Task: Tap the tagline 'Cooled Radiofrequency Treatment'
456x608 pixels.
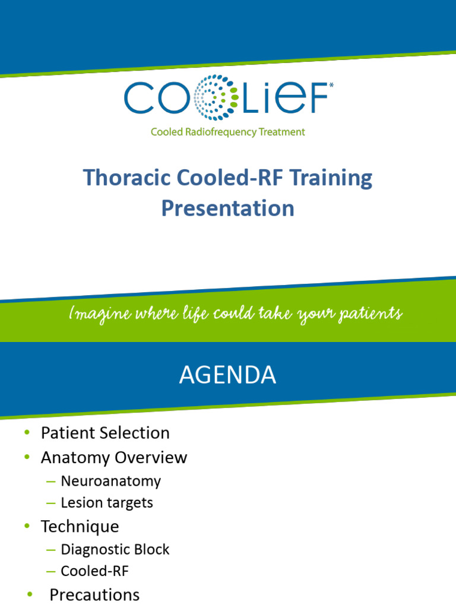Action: (x=227, y=132)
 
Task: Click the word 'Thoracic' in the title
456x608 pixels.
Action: (x=116, y=178)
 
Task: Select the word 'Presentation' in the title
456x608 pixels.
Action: (x=228, y=208)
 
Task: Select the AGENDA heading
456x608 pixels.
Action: (x=227, y=375)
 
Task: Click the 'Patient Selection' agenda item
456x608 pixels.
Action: (x=105, y=433)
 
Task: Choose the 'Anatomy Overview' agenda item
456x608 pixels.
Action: (x=113, y=458)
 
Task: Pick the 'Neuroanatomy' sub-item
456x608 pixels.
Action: (x=110, y=481)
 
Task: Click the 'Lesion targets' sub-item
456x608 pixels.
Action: (x=106, y=503)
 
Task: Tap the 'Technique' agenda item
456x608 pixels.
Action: (x=80, y=527)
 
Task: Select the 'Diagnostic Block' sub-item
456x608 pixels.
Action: (x=115, y=550)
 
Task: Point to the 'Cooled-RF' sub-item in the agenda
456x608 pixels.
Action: (x=94, y=572)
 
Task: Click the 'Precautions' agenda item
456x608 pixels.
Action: (x=94, y=595)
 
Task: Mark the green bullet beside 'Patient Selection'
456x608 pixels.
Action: (x=27, y=433)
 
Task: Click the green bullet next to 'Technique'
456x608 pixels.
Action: (x=27, y=527)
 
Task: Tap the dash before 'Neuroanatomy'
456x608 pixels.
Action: (x=50, y=481)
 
